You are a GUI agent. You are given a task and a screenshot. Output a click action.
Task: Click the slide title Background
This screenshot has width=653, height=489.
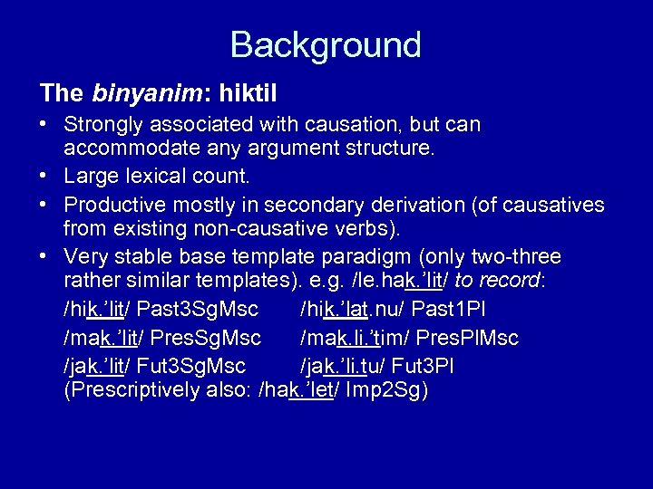point(326,44)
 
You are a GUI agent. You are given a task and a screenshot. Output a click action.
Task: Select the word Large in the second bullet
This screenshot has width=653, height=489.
point(88,175)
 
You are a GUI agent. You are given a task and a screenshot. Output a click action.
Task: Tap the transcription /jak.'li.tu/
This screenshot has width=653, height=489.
point(344,366)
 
